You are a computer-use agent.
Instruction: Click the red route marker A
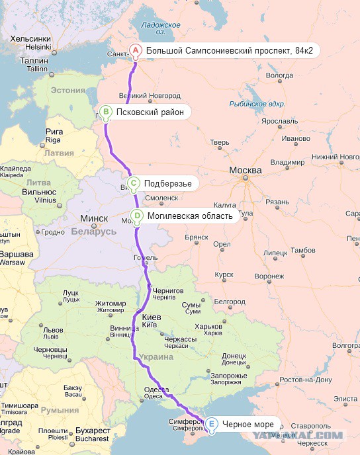pyautogui.click(x=134, y=50)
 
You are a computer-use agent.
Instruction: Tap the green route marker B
pyautogui.click(x=105, y=112)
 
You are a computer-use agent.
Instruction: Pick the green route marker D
pyautogui.click(x=136, y=215)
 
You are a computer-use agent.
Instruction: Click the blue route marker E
pyautogui.click(x=210, y=424)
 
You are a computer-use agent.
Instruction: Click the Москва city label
pyautogui.click(x=246, y=171)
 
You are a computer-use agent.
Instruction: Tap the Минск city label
pyautogui.click(x=93, y=218)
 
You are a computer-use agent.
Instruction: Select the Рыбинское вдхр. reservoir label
pyautogui.click(x=257, y=104)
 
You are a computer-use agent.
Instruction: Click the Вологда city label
pyautogui.click(x=279, y=75)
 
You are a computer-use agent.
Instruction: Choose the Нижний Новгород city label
pyautogui.click(x=334, y=157)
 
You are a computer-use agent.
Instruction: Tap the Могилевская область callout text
pyautogui.click(x=189, y=216)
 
